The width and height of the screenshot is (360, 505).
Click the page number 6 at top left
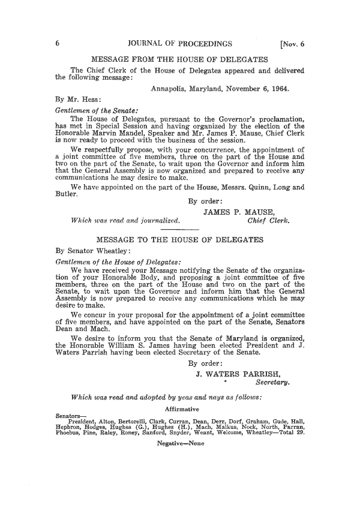[56, 43]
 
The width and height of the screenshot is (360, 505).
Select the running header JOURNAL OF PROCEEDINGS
[181, 43]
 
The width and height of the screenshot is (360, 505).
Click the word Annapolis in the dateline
[172, 88]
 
